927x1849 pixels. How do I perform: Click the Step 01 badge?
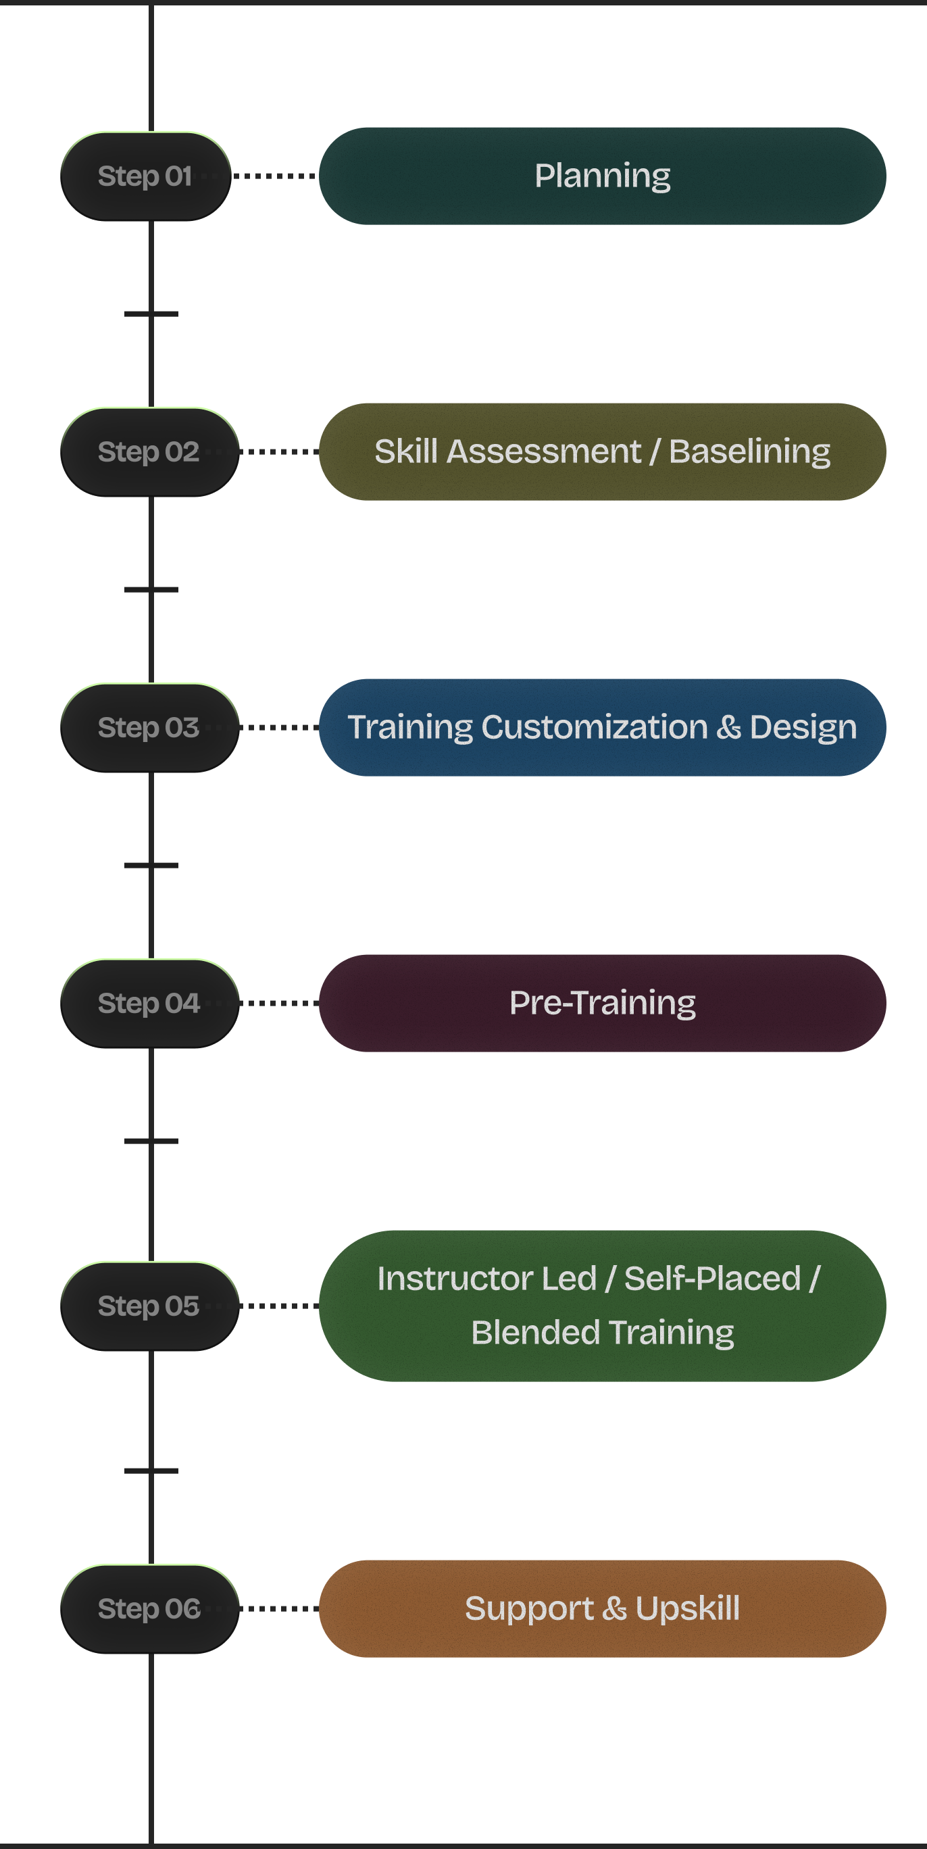pyautogui.click(x=146, y=176)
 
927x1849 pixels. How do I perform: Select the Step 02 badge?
pyautogui.click(x=149, y=451)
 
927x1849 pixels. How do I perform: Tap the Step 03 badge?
pyautogui.click(x=149, y=727)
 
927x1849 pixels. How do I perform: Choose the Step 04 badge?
pyautogui.click(x=149, y=1003)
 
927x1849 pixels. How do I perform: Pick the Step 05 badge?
pyautogui.click(x=149, y=1306)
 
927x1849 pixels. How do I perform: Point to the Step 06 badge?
pyautogui.click(x=149, y=1608)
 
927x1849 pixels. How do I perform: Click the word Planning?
pyautogui.click(x=602, y=176)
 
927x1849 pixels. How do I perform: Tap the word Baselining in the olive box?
pyautogui.click(x=749, y=451)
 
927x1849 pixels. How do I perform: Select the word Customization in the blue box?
pyautogui.click(x=594, y=727)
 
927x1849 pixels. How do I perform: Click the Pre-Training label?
pyautogui.click(x=602, y=1003)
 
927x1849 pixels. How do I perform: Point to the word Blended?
pyautogui.click(x=535, y=1332)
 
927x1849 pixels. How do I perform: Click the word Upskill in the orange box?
pyautogui.click(x=686, y=1608)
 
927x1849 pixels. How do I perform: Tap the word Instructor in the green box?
pyautogui.click(x=486, y=1279)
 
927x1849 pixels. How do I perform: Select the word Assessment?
pyautogui.click(x=543, y=451)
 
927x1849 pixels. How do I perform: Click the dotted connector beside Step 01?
pyautogui.click(x=275, y=176)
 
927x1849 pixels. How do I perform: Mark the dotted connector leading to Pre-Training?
pyautogui.click(x=279, y=1003)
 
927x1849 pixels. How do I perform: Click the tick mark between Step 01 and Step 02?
pyautogui.click(x=151, y=314)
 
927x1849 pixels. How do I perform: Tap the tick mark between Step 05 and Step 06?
pyautogui.click(x=151, y=1471)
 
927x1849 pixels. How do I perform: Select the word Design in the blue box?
pyautogui.click(x=803, y=727)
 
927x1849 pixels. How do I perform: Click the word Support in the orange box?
pyautogui.click(x=528, y=1608)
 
